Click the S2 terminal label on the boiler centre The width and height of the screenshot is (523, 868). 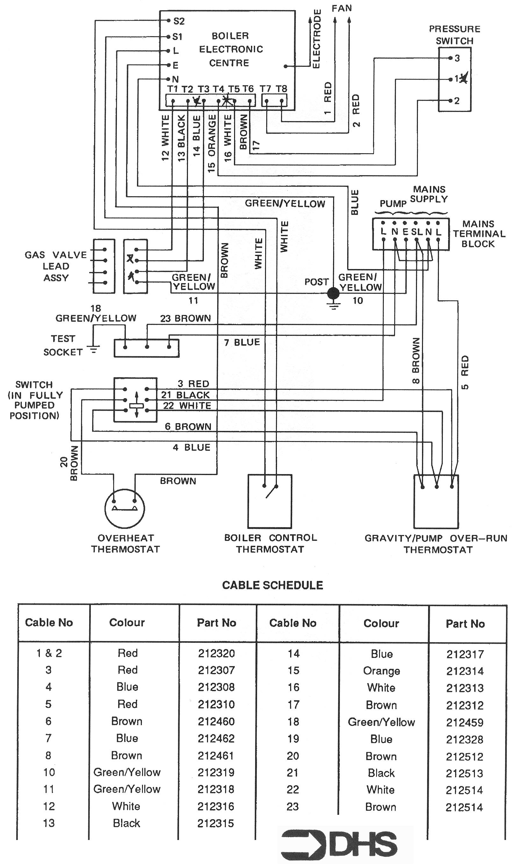[179, 21]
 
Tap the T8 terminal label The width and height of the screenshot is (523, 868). [281, 89]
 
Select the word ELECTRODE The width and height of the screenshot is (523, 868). [317, 39]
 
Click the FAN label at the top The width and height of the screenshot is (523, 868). [341, 8]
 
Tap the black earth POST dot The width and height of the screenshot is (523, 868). [333, 293]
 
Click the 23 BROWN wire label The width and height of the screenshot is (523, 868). [185, 318]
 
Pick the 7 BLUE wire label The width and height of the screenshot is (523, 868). [242, 342]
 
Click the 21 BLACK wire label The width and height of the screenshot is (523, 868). [185, 395]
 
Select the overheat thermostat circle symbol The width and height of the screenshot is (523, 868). [125, 508]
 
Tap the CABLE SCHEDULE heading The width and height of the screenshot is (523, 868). [272, 585]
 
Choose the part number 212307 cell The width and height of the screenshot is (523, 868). [216, 670]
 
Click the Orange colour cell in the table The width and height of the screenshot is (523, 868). [381, 671]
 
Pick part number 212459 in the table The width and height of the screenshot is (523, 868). [464, 722]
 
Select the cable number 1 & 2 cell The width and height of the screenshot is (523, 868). [49, 653]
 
